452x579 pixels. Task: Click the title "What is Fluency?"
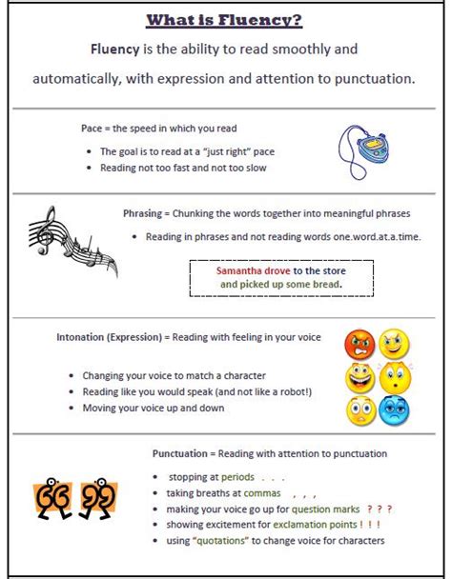coord(225,21)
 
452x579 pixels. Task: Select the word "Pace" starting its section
coord(92,128)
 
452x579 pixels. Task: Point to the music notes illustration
coord(72,241)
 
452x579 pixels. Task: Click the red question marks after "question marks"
coord(380,509)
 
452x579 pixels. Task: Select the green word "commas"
coord(262,493)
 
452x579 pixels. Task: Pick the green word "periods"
coord(238,476)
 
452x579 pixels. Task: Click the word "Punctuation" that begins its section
coord(183,453)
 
